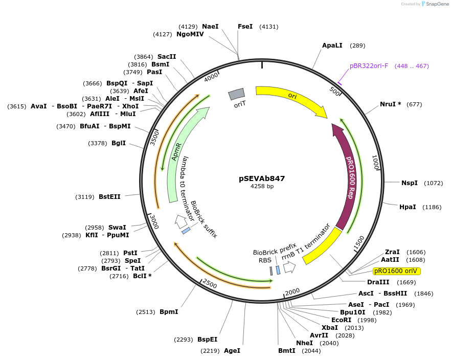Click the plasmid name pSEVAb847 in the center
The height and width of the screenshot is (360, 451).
[262, 178]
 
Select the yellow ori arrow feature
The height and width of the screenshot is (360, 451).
[291, 97]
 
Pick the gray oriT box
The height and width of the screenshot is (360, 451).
[236, 94]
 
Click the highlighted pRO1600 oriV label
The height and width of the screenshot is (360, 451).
[396, 271]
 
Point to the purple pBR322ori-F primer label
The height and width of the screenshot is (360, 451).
[369, 66]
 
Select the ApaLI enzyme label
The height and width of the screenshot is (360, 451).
[332, 46]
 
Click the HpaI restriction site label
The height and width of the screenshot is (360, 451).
[408, 207]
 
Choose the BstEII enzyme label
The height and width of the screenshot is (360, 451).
[109, 196]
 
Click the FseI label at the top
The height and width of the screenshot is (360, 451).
[245, 26]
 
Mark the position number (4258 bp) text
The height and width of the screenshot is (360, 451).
[262, 187]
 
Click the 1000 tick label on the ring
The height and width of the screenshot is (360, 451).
[375, 163]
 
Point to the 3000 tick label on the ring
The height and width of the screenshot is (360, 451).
[153, 221]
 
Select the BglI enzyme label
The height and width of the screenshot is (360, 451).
[119, 143]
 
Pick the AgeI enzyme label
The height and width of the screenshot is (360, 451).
[232, 351]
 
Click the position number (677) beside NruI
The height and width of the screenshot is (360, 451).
[414, 104]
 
